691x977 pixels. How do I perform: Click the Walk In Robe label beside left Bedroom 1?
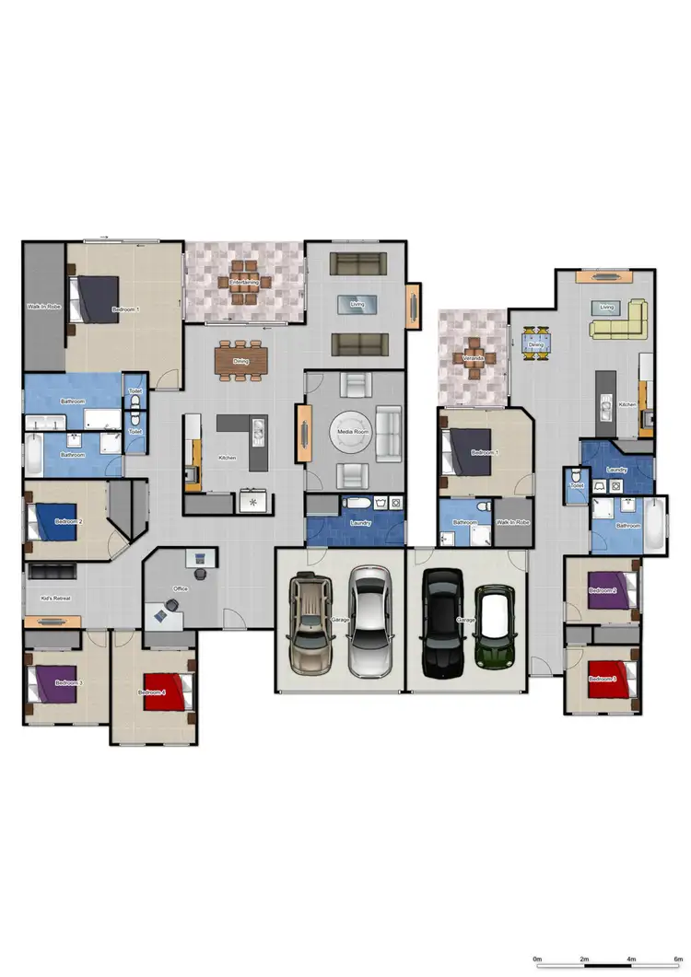pos(42,306)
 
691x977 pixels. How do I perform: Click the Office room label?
pos(181,588)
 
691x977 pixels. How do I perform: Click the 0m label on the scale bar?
pos(538,960)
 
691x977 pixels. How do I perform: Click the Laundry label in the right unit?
pos(616,470)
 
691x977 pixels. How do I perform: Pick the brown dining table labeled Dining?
pos(240,360)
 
